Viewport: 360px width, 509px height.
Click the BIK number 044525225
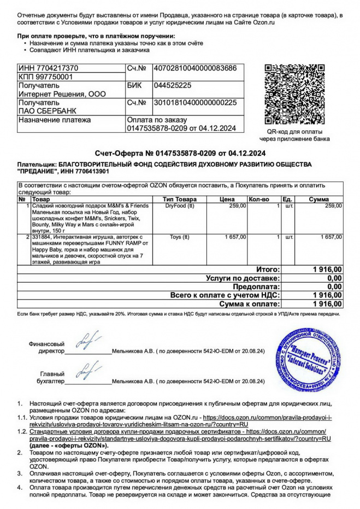[173, 86]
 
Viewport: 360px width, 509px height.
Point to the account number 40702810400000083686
[196, 68]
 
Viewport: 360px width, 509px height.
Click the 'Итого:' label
[268, 270]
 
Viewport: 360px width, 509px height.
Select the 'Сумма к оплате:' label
[250, 303]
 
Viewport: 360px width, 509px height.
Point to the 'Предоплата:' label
[256, 286]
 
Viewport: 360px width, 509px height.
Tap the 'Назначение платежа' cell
[55, 120]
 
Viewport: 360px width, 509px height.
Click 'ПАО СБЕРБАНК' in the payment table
[42, 111]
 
